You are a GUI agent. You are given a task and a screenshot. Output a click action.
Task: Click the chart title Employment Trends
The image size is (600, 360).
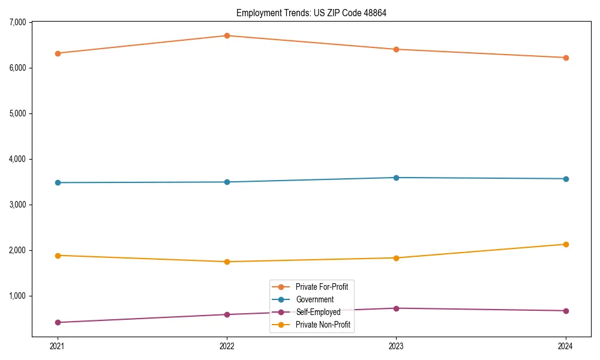316,13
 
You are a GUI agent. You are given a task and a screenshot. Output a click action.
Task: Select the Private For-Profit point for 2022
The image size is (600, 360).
227,35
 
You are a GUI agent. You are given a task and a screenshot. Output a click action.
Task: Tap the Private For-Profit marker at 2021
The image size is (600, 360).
58,53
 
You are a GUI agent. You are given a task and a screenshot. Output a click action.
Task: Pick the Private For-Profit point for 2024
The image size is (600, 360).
566,58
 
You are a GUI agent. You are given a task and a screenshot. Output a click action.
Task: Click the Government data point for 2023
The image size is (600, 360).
396,178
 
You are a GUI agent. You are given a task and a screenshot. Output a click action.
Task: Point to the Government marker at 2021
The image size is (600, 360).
58,182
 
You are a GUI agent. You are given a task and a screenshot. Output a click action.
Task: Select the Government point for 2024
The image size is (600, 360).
566,179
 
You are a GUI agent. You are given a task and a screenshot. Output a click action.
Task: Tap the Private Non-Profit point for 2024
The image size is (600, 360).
566,244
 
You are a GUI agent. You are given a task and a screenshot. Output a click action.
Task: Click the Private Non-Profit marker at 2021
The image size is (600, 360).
58,256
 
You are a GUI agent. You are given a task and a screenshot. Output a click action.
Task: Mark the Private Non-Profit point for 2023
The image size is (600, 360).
396,258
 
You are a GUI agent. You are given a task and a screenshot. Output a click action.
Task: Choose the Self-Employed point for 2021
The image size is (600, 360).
58,322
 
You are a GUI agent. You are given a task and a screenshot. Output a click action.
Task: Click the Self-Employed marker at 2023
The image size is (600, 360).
396,308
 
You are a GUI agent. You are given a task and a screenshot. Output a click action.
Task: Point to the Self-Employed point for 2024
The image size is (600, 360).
566,311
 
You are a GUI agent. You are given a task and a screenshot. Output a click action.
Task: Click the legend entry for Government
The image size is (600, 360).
314,299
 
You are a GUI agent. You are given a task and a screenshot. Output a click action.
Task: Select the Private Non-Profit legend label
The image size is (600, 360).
323,325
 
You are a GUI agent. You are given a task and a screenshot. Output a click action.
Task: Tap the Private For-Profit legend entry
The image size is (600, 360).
322,287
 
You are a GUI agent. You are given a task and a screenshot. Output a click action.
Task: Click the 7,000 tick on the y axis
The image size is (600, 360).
18,22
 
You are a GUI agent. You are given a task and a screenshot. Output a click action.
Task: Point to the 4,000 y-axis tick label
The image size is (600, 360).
18,159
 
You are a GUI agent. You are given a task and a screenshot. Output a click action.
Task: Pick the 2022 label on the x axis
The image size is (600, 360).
227,346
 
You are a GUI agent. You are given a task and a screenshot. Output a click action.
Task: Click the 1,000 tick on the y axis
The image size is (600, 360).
18,296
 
